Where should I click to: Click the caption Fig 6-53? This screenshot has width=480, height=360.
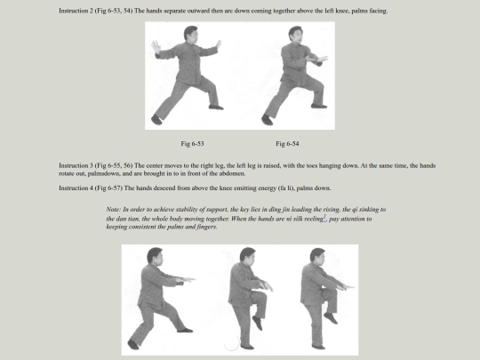coord(192,144)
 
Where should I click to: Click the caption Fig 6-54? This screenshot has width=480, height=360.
coord(287,144)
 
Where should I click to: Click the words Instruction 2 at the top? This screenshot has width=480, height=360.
coord(76,11)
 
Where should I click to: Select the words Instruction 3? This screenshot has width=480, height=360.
coord(76,165)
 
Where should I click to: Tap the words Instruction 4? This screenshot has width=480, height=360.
coord(76,188)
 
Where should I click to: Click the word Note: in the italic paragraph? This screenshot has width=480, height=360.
coord(113,210)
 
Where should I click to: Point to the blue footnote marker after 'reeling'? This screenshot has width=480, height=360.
coord(324,218)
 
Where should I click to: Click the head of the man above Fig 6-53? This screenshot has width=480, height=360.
coord(190,33)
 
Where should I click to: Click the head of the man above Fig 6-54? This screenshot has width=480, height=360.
coord(296,34)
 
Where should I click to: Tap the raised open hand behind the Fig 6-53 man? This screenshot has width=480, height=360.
coord(156,47)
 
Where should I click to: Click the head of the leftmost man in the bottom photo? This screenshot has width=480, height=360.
coord(155,255)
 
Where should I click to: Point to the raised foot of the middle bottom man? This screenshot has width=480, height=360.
coord(258,323)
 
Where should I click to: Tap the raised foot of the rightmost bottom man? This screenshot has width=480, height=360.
coord(331,318)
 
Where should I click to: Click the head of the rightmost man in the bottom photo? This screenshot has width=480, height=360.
coord(317,256)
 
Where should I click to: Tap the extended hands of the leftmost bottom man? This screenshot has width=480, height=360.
coord(185,280)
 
